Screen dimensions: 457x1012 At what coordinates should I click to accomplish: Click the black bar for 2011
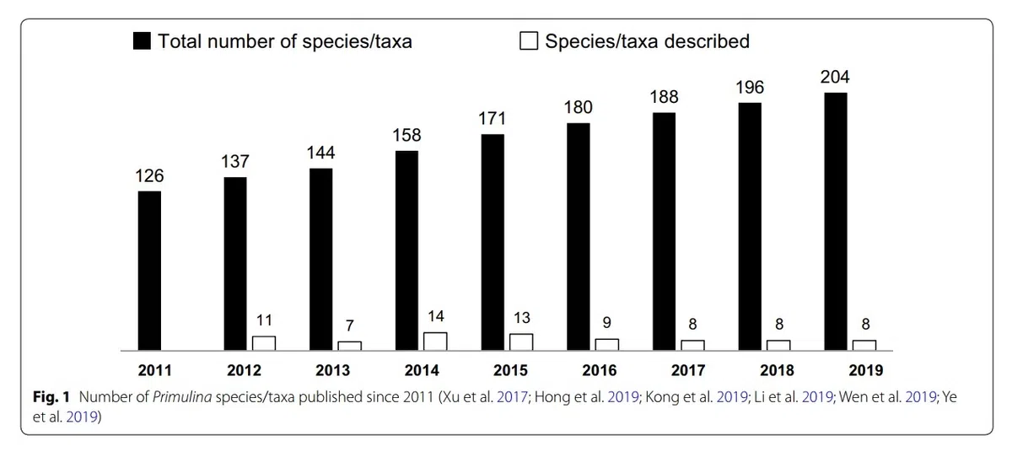[149, 270]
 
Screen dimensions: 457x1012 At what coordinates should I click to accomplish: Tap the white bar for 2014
[435, 341]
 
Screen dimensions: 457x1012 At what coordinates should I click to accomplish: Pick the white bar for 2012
[264, 342]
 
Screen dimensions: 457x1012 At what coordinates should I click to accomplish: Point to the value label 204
[835, 78]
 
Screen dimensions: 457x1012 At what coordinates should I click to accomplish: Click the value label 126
[149, 176]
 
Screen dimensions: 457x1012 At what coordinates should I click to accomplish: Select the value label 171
[493, 119]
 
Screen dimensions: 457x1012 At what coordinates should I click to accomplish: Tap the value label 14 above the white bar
[435, 317]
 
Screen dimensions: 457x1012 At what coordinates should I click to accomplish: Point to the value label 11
[264, 321]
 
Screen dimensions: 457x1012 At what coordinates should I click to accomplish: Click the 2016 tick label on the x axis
[599, 370]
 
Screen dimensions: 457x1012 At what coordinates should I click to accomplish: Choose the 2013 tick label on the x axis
[332, 370]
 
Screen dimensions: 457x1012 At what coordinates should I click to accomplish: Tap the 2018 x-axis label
[777, 370]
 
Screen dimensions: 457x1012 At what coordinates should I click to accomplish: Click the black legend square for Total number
[142, 41]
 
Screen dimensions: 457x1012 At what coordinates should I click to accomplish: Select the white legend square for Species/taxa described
[529, 41]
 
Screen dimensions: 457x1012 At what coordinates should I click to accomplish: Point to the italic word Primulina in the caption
[179, 396]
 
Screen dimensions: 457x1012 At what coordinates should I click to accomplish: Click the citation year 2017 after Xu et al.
[510, 396]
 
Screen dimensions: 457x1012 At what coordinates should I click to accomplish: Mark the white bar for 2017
[692, 345]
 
